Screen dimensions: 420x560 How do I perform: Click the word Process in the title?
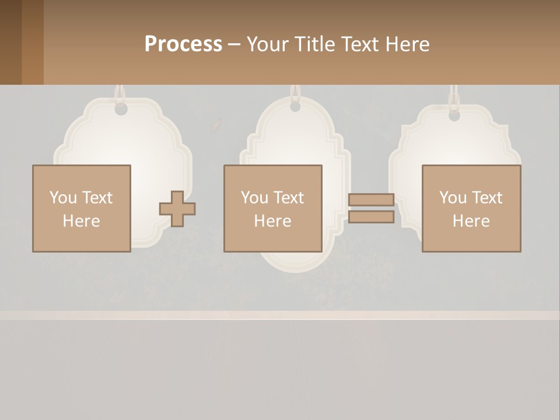183,44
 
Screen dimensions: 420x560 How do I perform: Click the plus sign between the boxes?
177,208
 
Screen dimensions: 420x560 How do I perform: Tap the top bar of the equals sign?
371,199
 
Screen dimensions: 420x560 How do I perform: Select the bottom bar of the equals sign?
371,217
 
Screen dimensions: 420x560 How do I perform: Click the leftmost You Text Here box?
81,208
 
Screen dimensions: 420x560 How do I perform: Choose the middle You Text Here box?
272,208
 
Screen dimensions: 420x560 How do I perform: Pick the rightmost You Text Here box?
471,208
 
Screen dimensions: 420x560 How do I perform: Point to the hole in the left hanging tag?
121,109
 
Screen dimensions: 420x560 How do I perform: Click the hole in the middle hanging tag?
295,107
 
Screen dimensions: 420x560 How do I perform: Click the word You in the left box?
63,198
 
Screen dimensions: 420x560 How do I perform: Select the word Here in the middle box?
272,221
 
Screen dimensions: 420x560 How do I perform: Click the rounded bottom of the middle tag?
295,261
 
